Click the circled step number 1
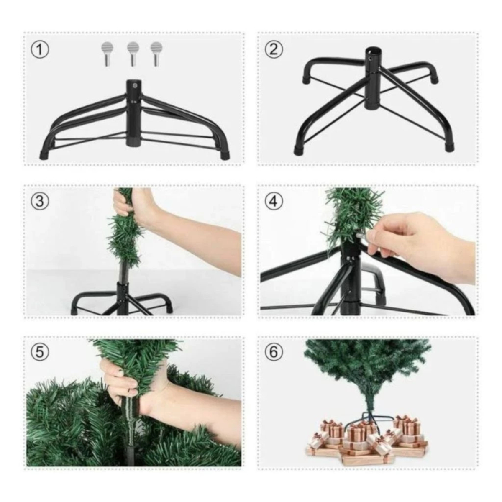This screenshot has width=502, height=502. pyautogui.click(x=40, y=50)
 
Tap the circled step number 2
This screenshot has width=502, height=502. pyautogui.click(x=274, y=49)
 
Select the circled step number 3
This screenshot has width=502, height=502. pyautogui.click(x=40, y=201)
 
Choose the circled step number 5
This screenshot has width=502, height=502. pyautogui.click(x=40, y=353)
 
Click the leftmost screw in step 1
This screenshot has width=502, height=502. pyautogui.click(x=108, y=54)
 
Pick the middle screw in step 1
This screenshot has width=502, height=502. pyautogui.click(x=133, y=54)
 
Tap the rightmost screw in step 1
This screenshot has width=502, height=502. pyautogui.click(x=156, y=54)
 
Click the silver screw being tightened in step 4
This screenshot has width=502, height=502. pyautogui.click(x=361, y=236)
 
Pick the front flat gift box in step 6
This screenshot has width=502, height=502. pyautogui.click(x=368, y=459)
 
